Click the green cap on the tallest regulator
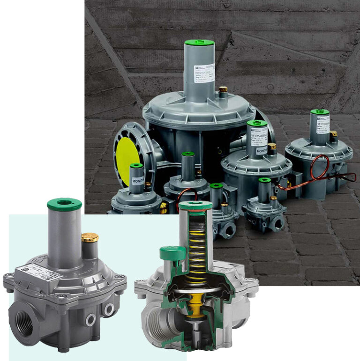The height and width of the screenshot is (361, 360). pyautogui.click(x=199, y=43)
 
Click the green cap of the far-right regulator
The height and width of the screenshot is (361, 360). pyautogui.click(x=320, y=112)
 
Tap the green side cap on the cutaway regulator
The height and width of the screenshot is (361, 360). pyautogui.click(x=169, y=254)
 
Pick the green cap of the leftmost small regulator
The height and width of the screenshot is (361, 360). pyautogui.click(x=136, y=165)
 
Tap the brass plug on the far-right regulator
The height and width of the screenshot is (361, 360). pyautogui.click(x=333, y=135)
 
